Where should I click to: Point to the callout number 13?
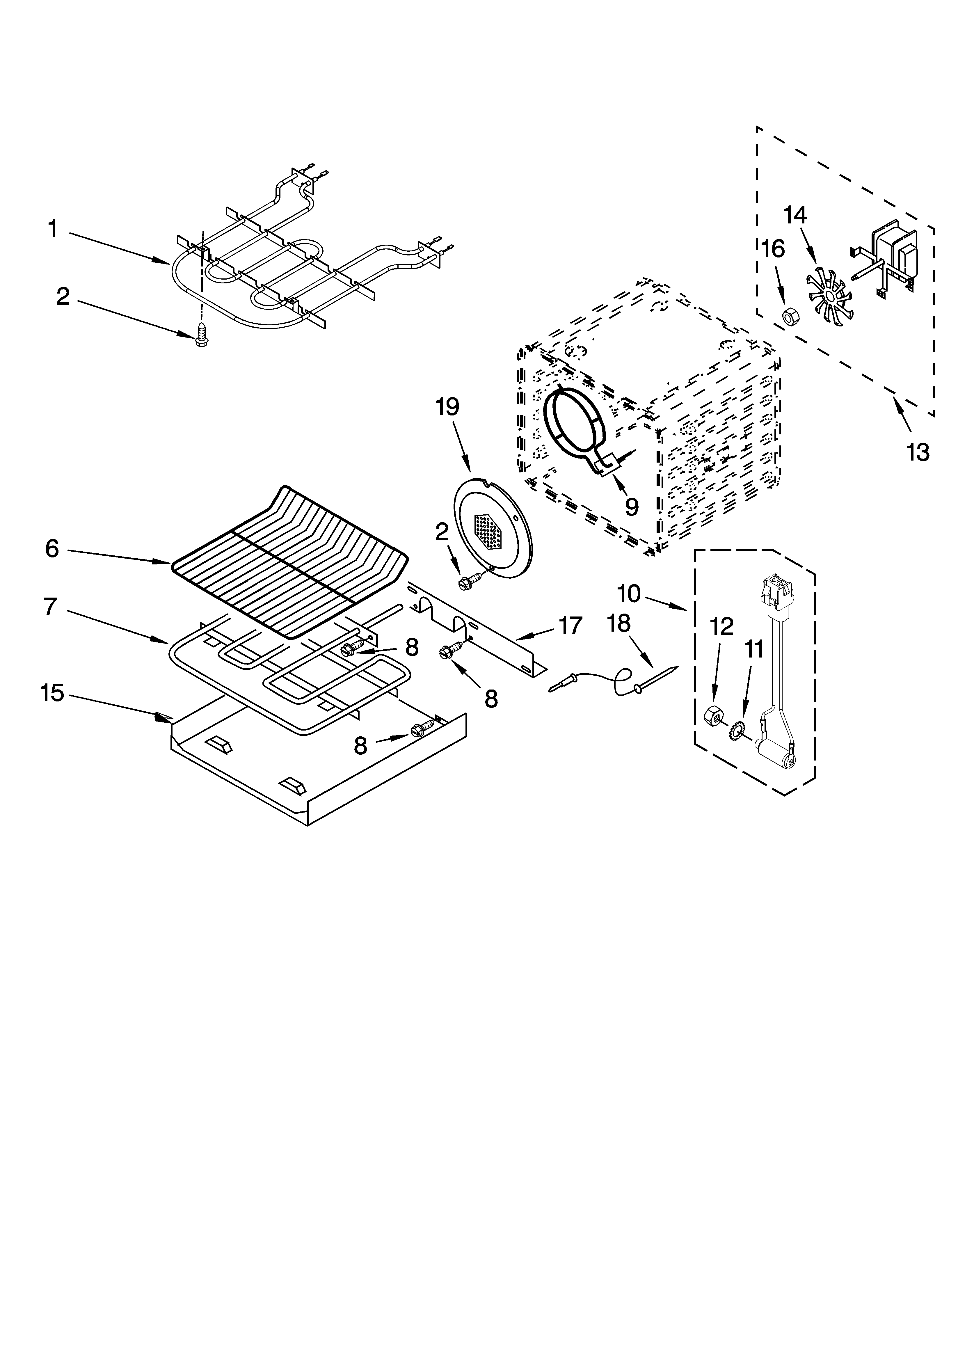pyautogui.click(x=917, y=452)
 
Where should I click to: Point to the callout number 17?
pyautogui.click(x=570, y=626)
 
